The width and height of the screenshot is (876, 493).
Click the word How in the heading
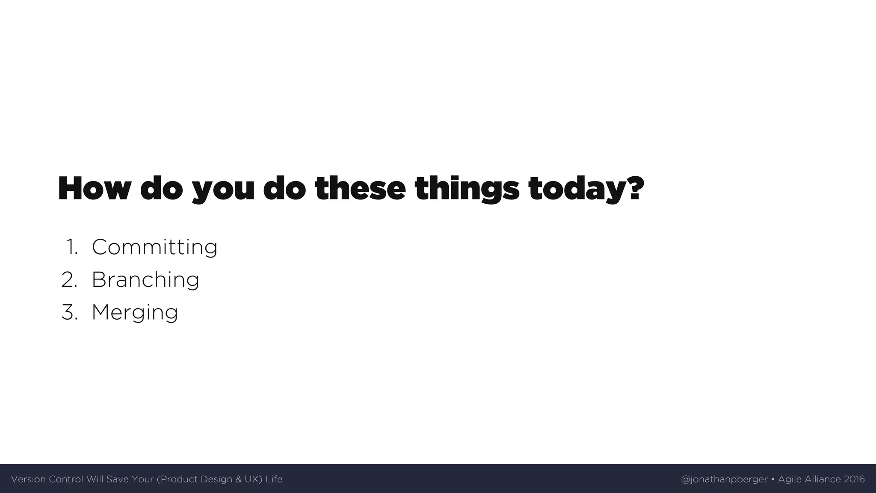click(x=93, y=188)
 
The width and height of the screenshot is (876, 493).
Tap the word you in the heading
click(x=222, y=189)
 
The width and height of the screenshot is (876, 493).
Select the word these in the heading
click(x=360, y=188)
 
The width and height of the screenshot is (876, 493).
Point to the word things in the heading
click(x=467, y=189)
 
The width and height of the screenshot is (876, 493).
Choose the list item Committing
click(x=154, y=247)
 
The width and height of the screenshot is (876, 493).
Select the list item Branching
click(x=145, y=280)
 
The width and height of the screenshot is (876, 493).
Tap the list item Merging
click(x=135, y=312)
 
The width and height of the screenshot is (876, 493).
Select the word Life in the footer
click(x=274, y=479)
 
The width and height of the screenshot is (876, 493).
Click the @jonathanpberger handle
click(x=724, y=479)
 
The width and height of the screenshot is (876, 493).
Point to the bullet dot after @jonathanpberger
click(x=772, y=479)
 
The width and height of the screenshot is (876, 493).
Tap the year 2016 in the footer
click(x=854, y=479)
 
